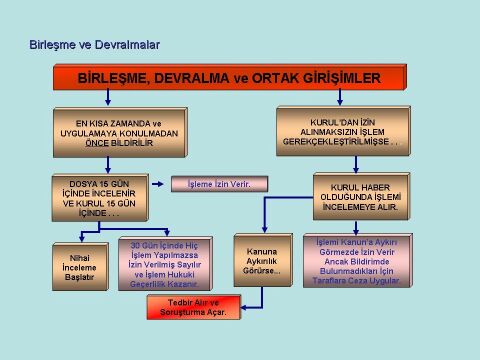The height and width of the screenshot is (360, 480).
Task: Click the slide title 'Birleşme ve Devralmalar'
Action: click(x=95, y=45)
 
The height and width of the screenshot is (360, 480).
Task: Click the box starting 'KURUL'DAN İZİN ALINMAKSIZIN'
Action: click(x=339, y=130)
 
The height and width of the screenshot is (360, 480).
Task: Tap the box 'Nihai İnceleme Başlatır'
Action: click(x=80, y=265)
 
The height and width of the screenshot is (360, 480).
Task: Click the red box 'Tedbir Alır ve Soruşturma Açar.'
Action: click(x=194, y=306)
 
